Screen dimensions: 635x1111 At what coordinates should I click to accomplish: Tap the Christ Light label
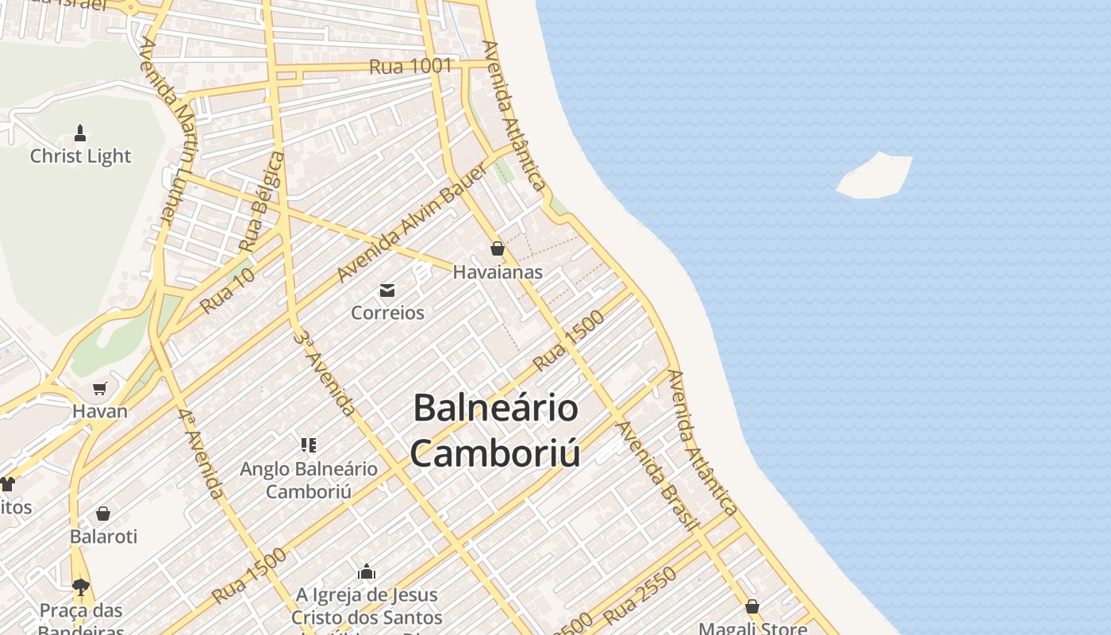pyautogui.click(x=80, y=156)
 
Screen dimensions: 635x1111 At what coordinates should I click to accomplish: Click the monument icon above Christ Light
pyautogui.click(x=80, y=132)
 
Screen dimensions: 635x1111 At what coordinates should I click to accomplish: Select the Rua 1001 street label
pyautogui.click(x=410, y=67)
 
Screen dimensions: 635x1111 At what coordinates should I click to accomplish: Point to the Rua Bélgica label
pyautogui.click(x=263, y=203)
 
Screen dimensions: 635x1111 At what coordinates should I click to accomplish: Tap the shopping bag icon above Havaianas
pyautogui.click(x=498, y=248)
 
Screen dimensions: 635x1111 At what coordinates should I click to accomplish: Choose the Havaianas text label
pyautogui.click(x=498, y=272)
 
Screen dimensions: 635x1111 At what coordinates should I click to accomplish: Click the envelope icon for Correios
pyautogui.click(x=387, y=291)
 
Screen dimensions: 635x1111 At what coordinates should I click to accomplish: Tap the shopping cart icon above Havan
pyautogui.click(x=99, y=388)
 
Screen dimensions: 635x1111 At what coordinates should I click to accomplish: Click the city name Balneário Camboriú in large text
pyautogui.click(x=496, y=430)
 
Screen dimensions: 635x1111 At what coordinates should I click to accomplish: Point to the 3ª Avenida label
pyautogui.click(x=324, y=372)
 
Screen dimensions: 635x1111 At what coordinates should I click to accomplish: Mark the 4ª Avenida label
pyautogui.click(x=201, y=454)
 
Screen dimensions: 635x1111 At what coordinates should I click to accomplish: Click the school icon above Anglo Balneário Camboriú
pyautogui.click(x=309, y=444)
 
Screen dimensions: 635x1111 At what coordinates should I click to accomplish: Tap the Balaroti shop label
pyautogui.click(x=103, y=537)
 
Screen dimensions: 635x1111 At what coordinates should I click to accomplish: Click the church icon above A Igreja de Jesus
pyautogui.click(x=366, y=571)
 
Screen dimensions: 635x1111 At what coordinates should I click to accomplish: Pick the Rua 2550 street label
pyautogui.click(x=640, y=595)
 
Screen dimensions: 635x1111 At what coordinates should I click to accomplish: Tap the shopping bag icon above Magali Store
pyautogui.click(x=752, y=607)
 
